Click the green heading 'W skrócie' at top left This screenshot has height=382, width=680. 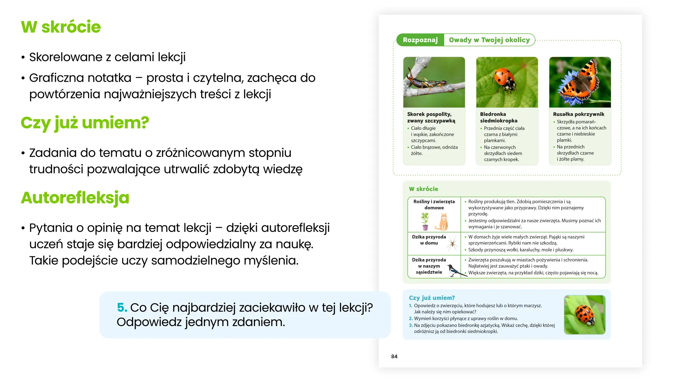[61, 27]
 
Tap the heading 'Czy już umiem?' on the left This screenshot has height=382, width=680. [85, 123]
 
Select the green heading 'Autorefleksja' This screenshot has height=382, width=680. [75, 198]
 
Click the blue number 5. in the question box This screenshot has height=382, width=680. [122, 307]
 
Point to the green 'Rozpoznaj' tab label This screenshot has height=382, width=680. [420, 40]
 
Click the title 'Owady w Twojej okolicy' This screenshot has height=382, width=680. [489, 40]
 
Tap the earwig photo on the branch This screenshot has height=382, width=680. [434, 82]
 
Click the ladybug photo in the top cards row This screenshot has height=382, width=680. [507, 82]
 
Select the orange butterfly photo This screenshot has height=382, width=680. [580, 82]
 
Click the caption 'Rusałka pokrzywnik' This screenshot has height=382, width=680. [578, 114]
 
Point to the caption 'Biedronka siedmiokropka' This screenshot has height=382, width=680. [498, 117]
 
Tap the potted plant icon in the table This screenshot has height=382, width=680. [425, 221]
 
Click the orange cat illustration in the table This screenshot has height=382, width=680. [443, 222]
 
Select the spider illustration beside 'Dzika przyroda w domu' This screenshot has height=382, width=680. [452, 243]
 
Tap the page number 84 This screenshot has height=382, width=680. [394, 357]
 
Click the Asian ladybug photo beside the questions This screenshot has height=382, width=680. [584, 315]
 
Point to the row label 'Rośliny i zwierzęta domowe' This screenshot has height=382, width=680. [434, 204]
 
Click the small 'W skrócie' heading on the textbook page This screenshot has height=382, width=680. [423, 189]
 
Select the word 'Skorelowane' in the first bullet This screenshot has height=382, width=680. [66, 57]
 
